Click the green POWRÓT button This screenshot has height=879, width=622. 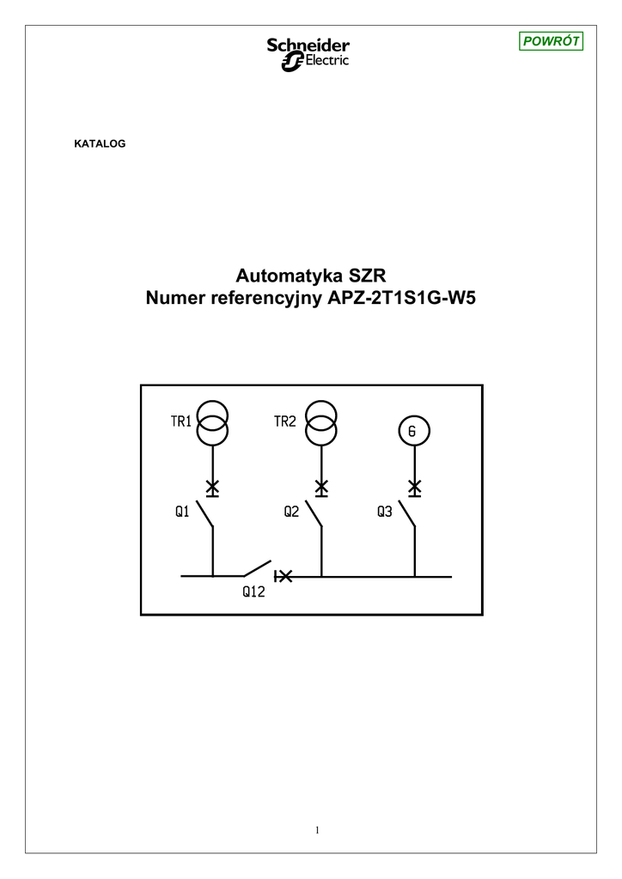(x=552, y=41)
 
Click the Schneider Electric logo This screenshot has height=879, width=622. (x=308, y=54)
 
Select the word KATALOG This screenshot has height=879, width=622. (x=101, y=143)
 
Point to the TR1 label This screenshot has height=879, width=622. (x=180, y=421)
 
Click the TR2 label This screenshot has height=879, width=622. (x=285, y=421)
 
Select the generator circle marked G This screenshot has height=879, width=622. (x=412, y=431)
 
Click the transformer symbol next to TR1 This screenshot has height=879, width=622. (x=212, y=423)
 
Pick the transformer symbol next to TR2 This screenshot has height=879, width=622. (x=320, y=423)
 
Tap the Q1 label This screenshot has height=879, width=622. (x=182, y=512)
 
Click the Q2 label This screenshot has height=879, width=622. (x=291, y=512)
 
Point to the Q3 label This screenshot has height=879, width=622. (x=384, y=512)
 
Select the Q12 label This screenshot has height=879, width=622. (x=253, y=591)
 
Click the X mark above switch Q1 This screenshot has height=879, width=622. (x=212, y=488)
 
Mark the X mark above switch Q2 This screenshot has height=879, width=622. (x=320, y=488)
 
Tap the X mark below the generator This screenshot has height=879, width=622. (x=414, y=488)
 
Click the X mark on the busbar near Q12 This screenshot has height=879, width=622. (x=285, y=576)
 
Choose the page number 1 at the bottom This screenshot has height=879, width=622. (x=317, y=829)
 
